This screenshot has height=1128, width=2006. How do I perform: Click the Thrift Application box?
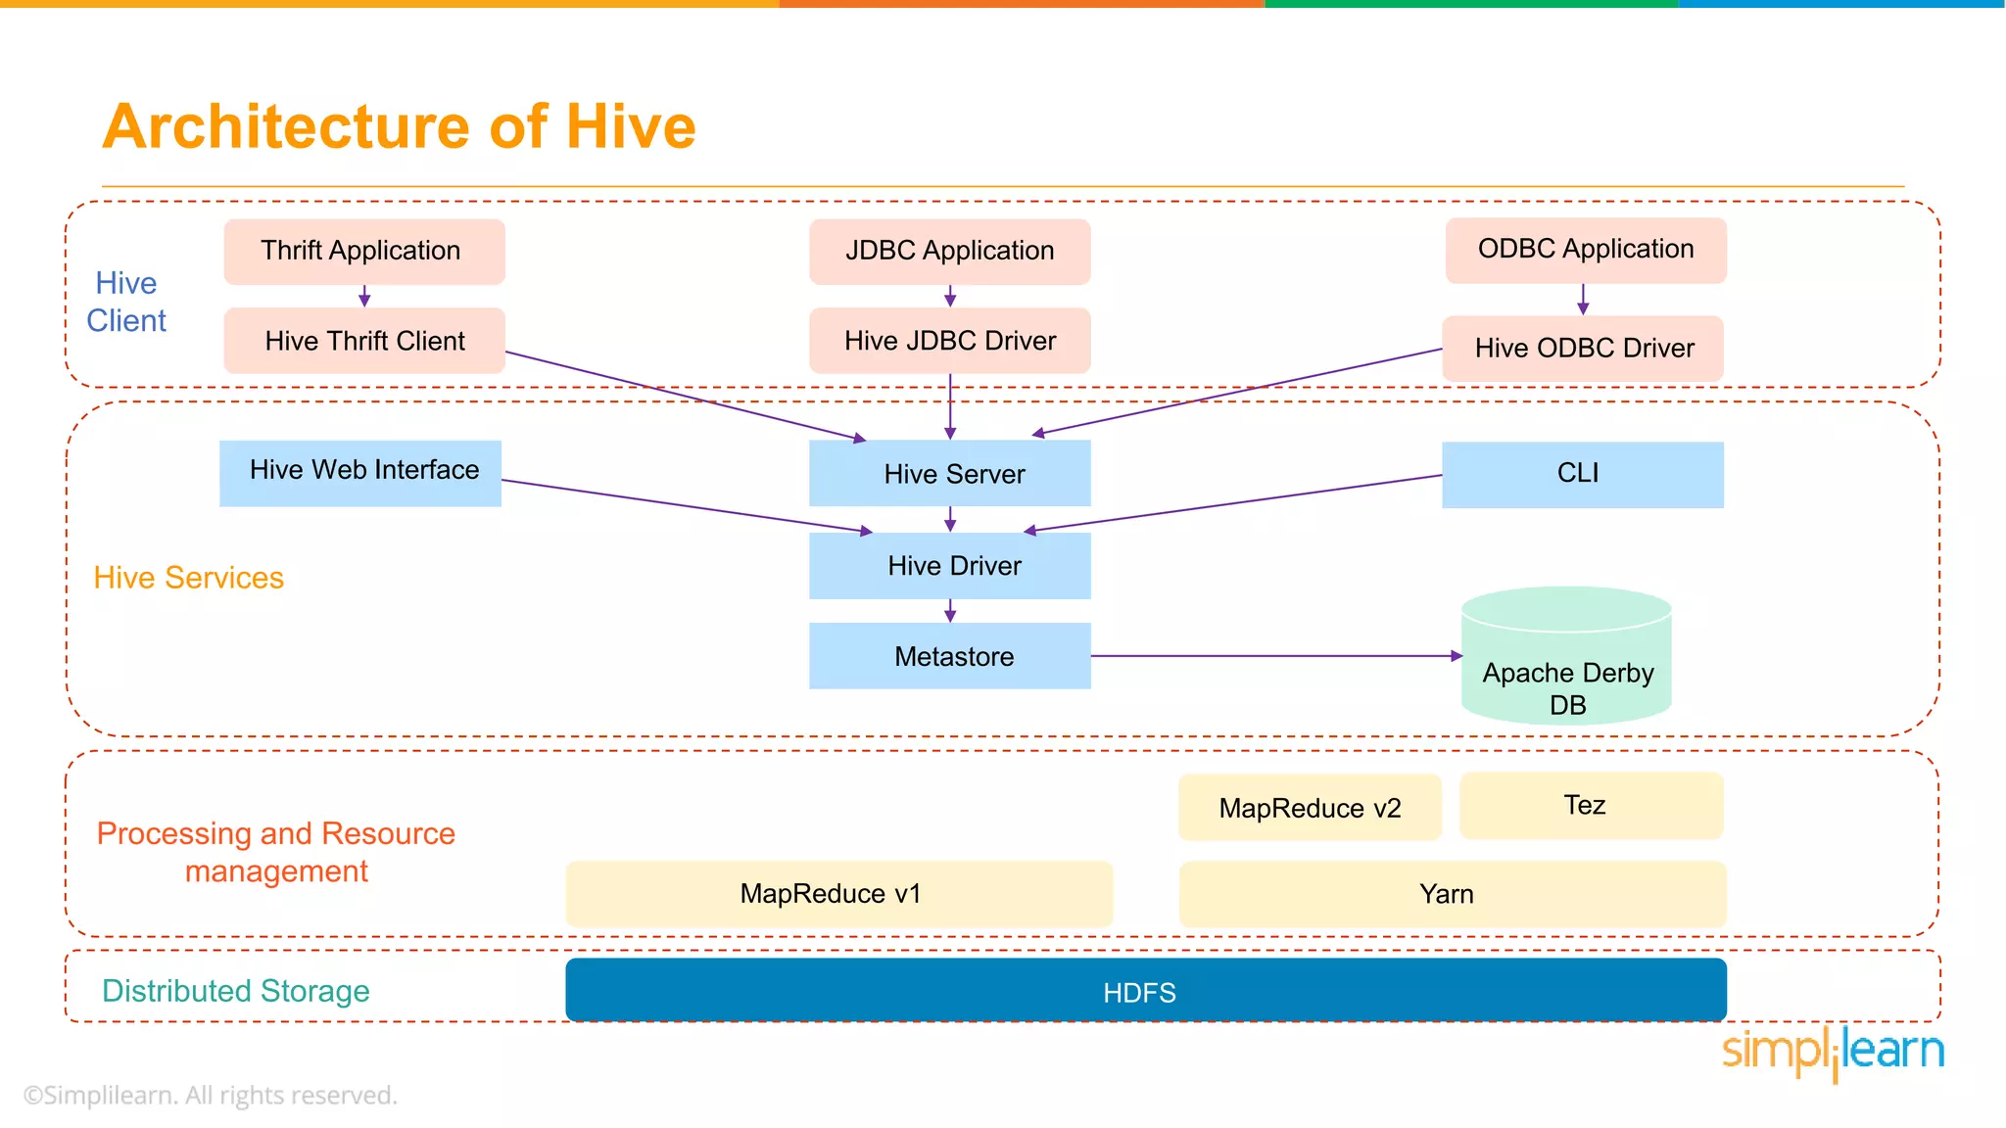point(363,252)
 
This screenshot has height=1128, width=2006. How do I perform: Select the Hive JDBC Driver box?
point(949,341)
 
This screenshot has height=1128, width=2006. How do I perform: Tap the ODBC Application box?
point(1585,250)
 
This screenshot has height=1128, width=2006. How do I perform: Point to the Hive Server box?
point(949,474)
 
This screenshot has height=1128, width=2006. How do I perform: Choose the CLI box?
point(1582,475)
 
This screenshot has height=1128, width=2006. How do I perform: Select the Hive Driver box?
point(949,566)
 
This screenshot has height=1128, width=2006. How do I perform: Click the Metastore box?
point(949,656)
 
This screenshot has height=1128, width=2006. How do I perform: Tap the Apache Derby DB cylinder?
point(1566,666)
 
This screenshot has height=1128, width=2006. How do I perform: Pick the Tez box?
point(1591,806)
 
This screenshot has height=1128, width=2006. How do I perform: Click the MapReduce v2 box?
point(1310,808)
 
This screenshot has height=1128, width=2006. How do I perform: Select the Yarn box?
point(1452,894)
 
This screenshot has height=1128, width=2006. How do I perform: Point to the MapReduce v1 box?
point(838,894)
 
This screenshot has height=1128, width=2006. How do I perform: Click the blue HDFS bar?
point(1145,991)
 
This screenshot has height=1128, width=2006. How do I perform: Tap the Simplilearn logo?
point(1832,1053)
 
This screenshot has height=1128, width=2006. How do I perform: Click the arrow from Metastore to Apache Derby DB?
point(1273,656)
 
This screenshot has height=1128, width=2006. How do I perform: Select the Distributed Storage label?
point(236,991)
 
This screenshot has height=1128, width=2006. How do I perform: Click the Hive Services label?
point(188,578)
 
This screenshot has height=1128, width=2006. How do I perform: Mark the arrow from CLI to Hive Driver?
point(1234,503)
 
